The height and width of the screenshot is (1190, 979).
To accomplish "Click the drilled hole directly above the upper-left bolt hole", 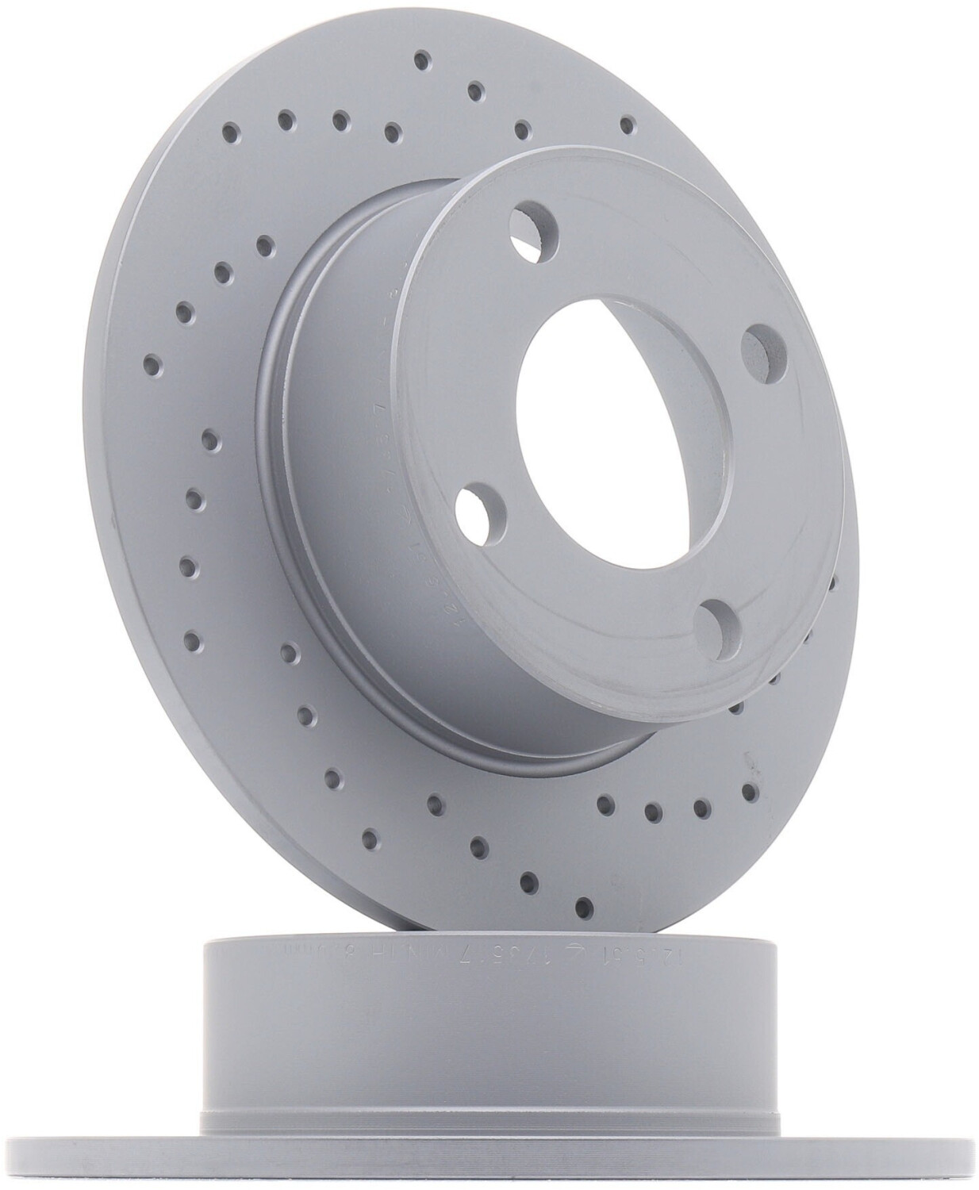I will tap(522, 129).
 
